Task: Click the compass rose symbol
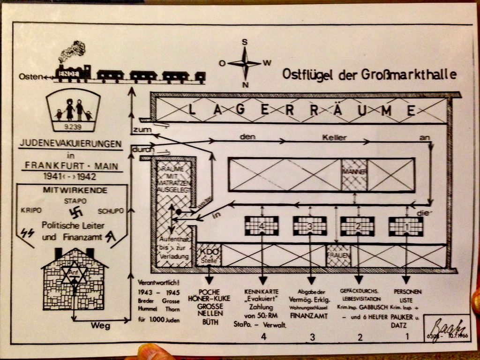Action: point(244,63)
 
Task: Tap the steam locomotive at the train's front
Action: point(73,70)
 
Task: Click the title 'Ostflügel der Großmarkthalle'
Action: point(369,74)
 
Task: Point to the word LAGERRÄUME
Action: point(302,111)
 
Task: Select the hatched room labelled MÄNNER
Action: point(354,175)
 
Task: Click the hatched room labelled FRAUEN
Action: point(338,256)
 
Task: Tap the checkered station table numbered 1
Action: point(406,226)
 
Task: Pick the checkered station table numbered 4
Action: point(262,226)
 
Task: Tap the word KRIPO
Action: point(31,210)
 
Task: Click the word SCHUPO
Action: point(111,210)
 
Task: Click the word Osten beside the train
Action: point(30,76)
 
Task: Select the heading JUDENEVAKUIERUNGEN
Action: point(70,143)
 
